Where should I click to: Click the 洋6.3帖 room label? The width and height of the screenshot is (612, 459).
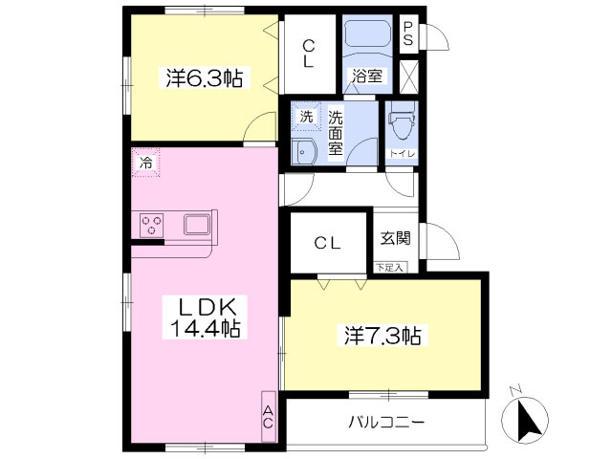pos(203,79)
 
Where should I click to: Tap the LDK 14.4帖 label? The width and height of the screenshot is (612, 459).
pos(205,317)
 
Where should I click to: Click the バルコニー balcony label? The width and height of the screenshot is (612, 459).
pos(386,422)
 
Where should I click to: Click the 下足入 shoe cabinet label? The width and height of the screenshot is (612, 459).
pos(389,267)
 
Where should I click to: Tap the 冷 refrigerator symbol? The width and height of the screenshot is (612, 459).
pos(146,164)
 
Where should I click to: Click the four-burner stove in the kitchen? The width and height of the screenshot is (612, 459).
pos(151,226)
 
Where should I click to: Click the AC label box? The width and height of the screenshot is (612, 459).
pos(268,417)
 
